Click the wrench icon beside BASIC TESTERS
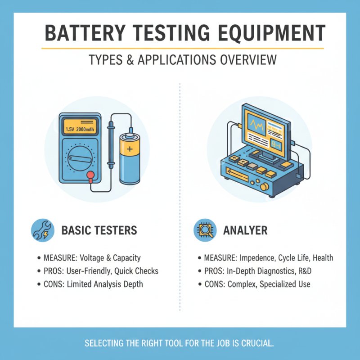tap(42, 230)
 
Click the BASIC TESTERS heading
tap(99, 230)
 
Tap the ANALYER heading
tap(245, 230)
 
